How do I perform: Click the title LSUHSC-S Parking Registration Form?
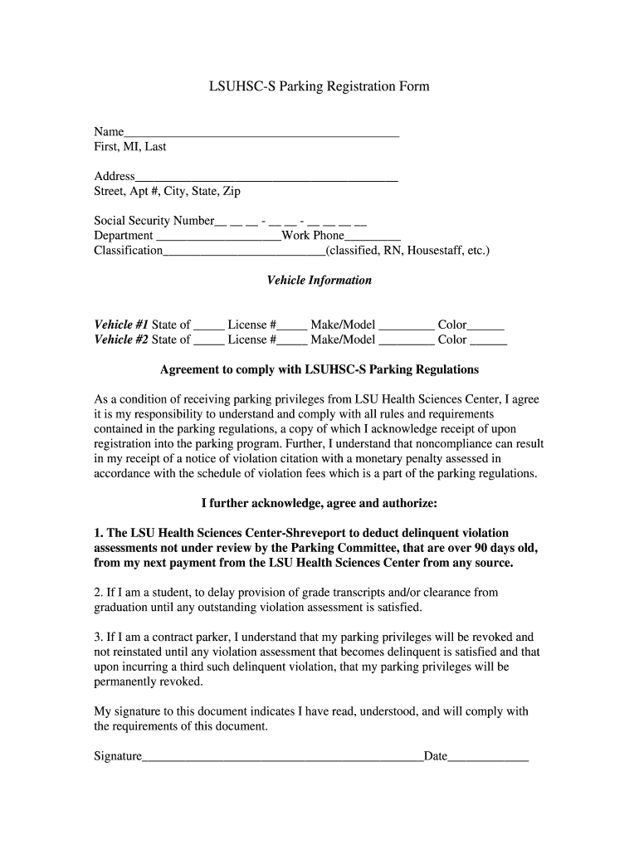point(319,86)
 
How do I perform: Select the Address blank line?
point(266,176)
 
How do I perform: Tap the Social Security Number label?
point(154,221)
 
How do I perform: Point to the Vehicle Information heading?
point(319,281)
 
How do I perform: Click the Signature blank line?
point(282,757)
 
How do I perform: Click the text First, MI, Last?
point(129,147)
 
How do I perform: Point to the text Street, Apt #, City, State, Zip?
point(167,192)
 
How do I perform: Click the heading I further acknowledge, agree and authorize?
point(319,503)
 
